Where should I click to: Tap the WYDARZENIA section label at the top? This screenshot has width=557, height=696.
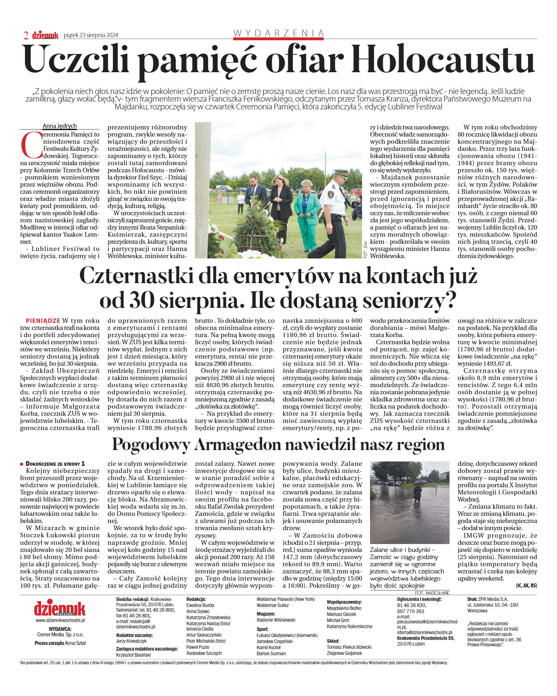278,33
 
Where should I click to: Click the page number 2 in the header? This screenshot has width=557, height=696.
26,35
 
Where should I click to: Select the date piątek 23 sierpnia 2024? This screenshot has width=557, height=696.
91,35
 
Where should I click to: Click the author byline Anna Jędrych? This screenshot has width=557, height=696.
59,126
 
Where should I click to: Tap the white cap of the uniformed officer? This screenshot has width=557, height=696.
340,172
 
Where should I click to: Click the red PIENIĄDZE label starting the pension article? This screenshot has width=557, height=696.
43,321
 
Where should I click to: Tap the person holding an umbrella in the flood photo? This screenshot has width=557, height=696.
417,492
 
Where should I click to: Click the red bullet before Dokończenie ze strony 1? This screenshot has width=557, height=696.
22,464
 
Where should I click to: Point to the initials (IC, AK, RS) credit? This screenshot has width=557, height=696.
526,586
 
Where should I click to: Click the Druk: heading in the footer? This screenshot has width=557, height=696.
472,599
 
